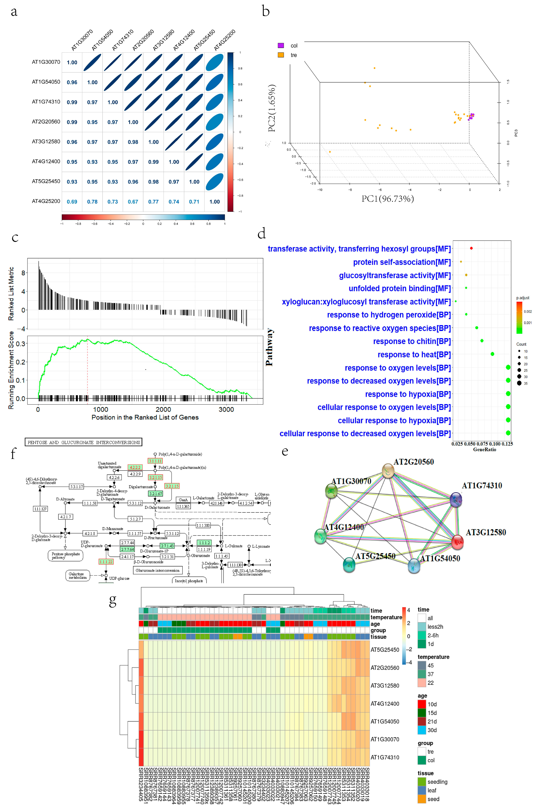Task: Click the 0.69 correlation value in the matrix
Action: click(72, 202)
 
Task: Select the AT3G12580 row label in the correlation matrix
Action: click(46, 141)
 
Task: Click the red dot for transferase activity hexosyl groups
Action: click(471, 248)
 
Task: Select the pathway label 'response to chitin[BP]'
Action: click(412, 341)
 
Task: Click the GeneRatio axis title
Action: click(484, 450)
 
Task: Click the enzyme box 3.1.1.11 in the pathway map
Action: click(155, 461)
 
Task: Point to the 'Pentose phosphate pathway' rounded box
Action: click(66, 556)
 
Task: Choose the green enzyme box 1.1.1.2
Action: click(204, 543)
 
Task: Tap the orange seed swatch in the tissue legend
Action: click(422, 799)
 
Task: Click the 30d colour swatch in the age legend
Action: click(422, 730)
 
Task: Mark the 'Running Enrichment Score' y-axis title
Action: click(11, 370)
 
